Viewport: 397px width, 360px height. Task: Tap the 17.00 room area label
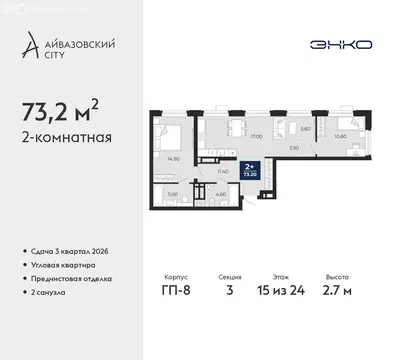[228, 137]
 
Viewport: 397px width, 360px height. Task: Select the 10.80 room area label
[312, 136]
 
